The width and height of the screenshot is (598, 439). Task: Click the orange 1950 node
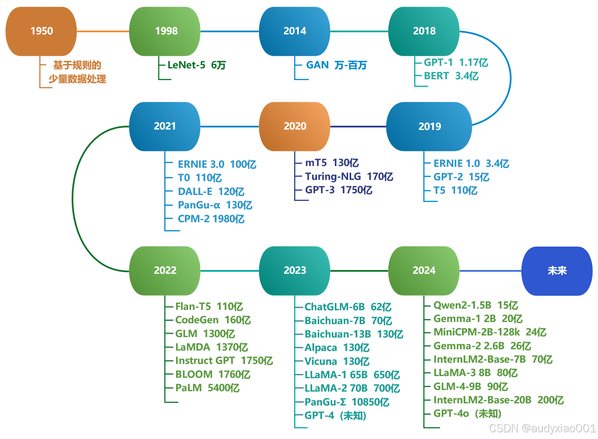click(41, 31)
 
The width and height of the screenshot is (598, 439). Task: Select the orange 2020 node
click(295, 126)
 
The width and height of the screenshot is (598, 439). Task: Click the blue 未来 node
click(557, 271)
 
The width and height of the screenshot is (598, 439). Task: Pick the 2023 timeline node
click(295, 270)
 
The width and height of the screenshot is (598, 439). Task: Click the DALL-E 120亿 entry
click(211, 192)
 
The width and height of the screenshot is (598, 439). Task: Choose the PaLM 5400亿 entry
click(207, 388)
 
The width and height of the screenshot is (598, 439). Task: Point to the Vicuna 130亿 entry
click(337, 361)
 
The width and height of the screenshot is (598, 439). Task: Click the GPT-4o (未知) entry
click(467, 413)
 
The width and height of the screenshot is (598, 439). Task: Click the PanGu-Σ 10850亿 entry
click(347, 402)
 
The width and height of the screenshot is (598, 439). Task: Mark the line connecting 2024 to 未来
click(490, 271)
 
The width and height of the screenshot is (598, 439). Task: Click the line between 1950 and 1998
click(103, 31)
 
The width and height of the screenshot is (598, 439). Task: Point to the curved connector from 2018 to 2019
click(510, 78)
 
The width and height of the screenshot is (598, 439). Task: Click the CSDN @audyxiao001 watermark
click(542, 428)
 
